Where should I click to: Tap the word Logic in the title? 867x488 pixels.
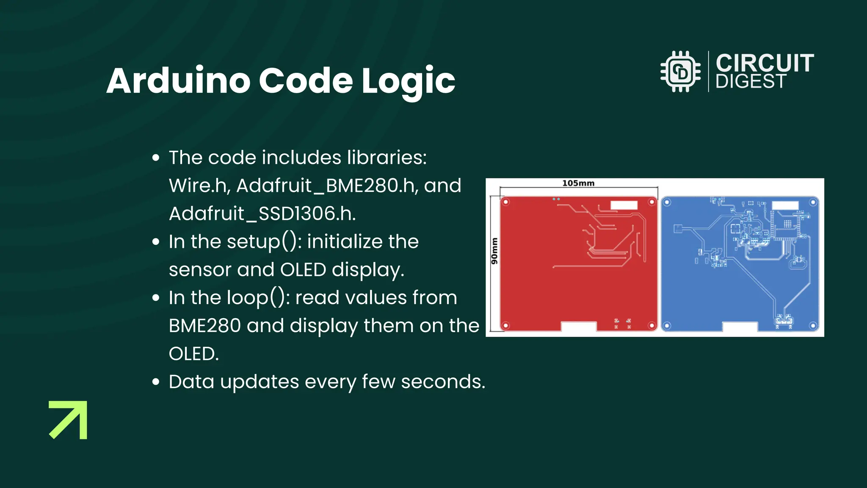click(x=408, y=81)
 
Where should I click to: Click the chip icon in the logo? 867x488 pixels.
click(x=680, y=72)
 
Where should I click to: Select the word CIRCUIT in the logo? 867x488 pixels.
click(x=765, y=63)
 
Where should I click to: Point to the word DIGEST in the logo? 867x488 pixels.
click(x=751, y=82)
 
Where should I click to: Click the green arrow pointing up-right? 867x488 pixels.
click(x=69, y=419)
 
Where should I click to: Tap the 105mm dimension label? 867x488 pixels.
click(x=578, y=183)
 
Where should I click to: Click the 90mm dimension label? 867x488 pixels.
click(x=494, y=251)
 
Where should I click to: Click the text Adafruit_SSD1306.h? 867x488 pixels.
click(x=262, y=213)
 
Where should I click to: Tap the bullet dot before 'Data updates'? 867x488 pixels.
click(x=156, y=382)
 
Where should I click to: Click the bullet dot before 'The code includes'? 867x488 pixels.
click(x=156, y=158)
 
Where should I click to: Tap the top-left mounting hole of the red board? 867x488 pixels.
click(x=505, y=202)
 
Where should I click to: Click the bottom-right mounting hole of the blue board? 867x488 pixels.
click(x=813, y=326)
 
